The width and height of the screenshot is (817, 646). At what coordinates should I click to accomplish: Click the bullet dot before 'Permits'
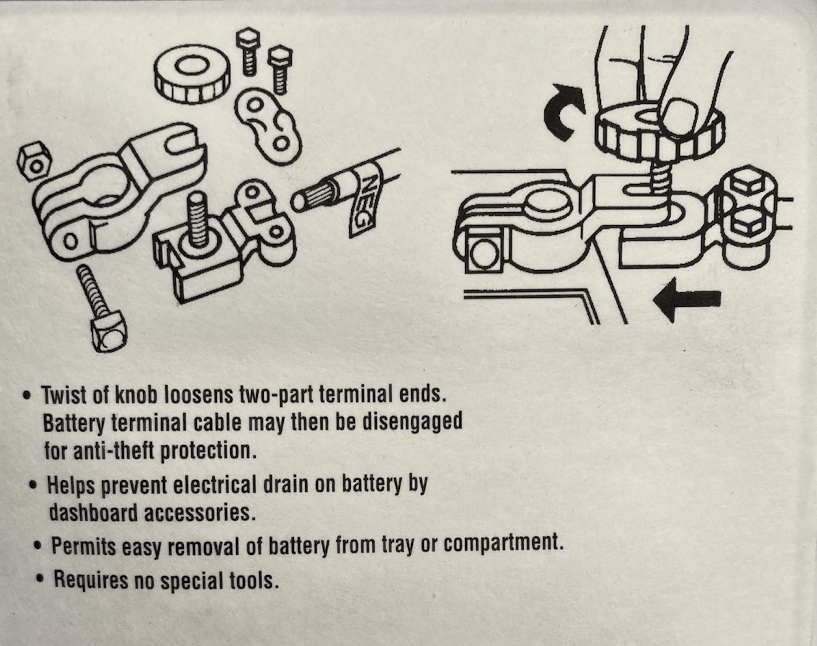pyautogui.click(x=37, y=546)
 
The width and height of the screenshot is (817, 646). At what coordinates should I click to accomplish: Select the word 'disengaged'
pyautogui.click(x=413, y=422)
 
